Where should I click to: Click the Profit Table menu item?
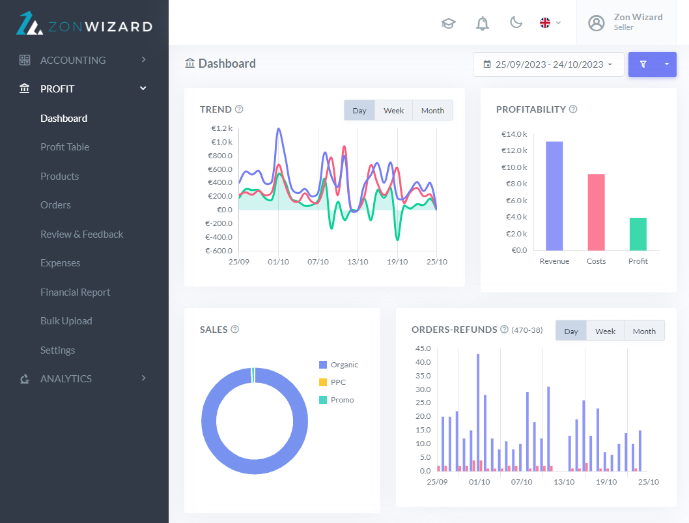[x=64, y=147]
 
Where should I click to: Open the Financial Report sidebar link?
[x=75, y=292]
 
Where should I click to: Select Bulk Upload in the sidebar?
[x=66, y=321]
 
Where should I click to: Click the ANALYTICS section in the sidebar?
[x=66, y=379]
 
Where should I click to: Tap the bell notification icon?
[x=483, y=23]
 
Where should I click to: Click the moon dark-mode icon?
[x=516, y=23]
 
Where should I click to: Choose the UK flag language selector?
[x=546, y=23]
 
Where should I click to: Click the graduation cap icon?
[x=448, y=23]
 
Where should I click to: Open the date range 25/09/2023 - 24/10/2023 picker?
[x=548, y=64]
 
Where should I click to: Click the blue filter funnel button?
[x=643, y=64]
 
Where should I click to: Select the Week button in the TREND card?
[x=393, y=111]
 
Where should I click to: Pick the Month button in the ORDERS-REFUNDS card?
[x=643, y=331]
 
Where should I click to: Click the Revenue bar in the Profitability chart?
[x=554, y=195]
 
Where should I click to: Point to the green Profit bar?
[x=638, y=234]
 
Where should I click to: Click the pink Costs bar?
[x=596, y=212]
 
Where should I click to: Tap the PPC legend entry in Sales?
[x=337, y=382]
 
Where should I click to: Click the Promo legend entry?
[x=341, y=400]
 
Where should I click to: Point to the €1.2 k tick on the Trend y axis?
[x=221, y=128]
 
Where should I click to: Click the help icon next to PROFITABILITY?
[x=573, y=109]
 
